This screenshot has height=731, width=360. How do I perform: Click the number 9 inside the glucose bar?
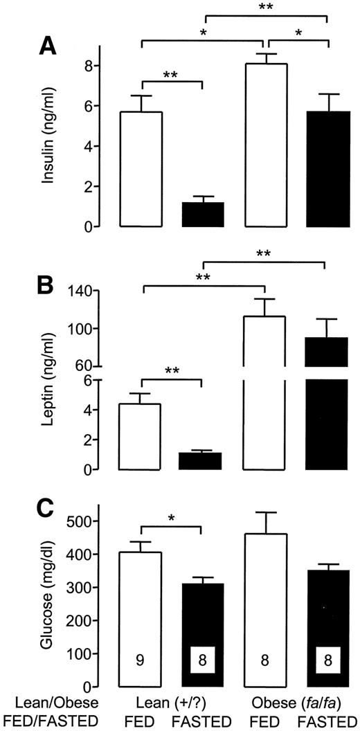(141, 660)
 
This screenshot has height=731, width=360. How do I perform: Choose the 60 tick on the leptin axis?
(89, 365)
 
